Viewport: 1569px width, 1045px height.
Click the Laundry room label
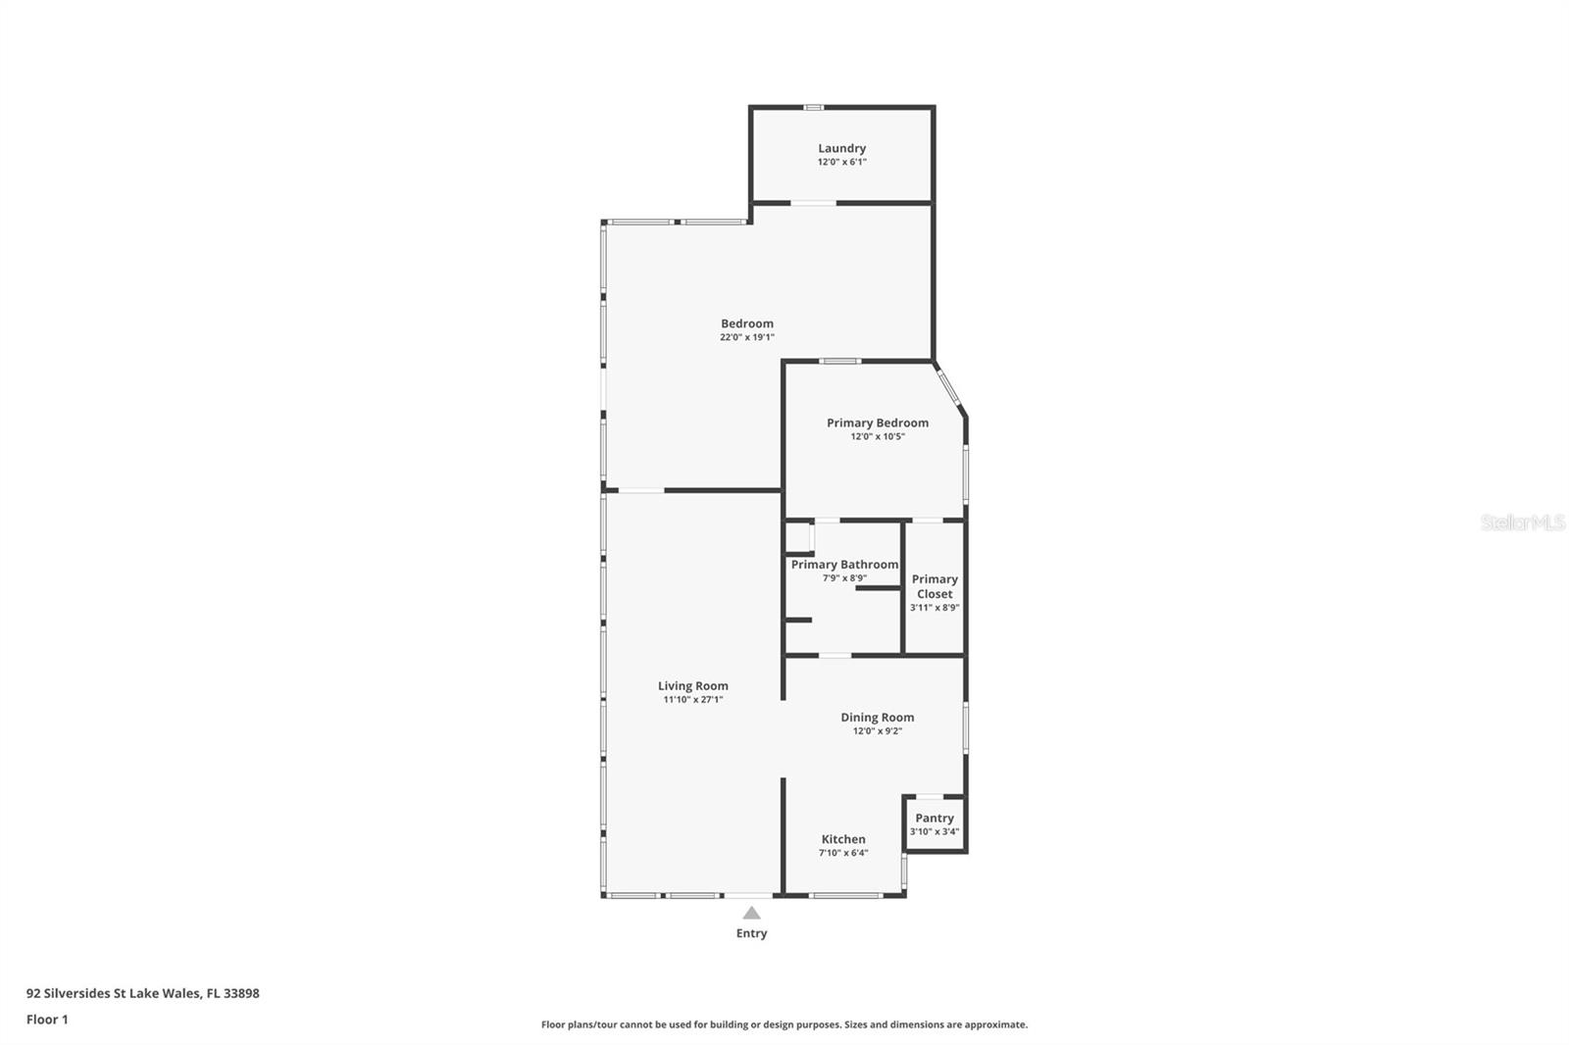pyautogui.click(x=841, y=148)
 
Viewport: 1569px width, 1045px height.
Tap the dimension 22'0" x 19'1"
pyautogui.click(x=747, y=337)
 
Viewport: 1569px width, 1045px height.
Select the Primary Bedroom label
pyautogui.click(x=877, y=423)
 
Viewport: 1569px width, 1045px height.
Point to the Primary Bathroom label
pyautogui.click(x=844, y=565)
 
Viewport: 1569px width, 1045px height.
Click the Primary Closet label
pyautogui.click(x=935, y=586)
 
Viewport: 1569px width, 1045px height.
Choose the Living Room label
pyautogui.click(x=692, y=686)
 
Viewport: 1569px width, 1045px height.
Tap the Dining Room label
pyautogui.click(x=877, y=718)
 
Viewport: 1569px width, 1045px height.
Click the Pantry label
pyautogui.click(x=935, y=818)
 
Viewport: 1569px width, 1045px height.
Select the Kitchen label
pyautogui.click(x=843, y=839)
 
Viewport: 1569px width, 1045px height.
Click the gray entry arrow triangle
pyautogui.click(x=751, y=913)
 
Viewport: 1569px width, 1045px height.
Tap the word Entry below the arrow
pyautogui.click(x=751, y=933)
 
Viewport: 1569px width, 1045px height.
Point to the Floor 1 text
pyautogui.click(x=47, y=1020)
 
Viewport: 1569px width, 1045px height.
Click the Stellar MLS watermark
pyautogui.click(x=1522, y=522)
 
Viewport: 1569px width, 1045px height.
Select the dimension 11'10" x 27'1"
pyautogui.click(x=692, y=700)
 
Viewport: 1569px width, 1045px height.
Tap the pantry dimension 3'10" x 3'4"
pyautogui.click(x=935, y=831)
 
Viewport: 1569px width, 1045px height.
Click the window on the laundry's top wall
pyautogui.click(x=813, y=107)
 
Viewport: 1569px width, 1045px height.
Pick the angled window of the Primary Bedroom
pyautogui.click(x=947, y=385)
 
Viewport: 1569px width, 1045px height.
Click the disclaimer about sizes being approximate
pyautogui.click(x=784, y=1024)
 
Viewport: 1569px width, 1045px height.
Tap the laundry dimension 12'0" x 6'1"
pyautogui.click(x=841, y=162)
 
